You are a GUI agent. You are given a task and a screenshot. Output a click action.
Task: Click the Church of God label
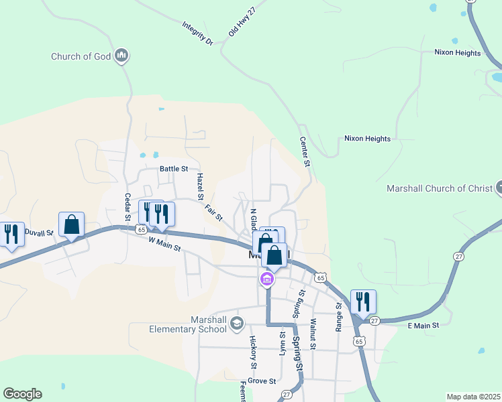81,56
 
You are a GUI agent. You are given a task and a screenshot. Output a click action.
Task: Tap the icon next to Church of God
121,56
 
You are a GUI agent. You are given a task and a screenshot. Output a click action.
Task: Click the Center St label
305,152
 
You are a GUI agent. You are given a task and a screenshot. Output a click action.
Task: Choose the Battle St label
173,169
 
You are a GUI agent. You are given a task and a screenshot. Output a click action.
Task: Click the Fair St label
213,212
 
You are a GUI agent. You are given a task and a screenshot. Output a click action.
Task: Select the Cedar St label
127,207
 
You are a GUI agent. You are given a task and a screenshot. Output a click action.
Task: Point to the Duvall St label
38,232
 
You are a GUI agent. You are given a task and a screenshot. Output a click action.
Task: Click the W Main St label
164,243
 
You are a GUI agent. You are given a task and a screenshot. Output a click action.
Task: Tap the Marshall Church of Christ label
440,188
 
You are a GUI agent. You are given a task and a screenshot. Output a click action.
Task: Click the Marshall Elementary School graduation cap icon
236,324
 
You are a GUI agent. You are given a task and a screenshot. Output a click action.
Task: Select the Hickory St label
254,352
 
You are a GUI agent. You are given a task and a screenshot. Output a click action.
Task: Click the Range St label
339,316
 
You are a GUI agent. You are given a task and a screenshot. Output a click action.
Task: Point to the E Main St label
423,325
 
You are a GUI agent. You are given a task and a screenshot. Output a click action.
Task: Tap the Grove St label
262,381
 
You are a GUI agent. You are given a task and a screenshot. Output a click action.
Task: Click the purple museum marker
267,279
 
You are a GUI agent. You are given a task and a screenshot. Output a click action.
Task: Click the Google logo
22,394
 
